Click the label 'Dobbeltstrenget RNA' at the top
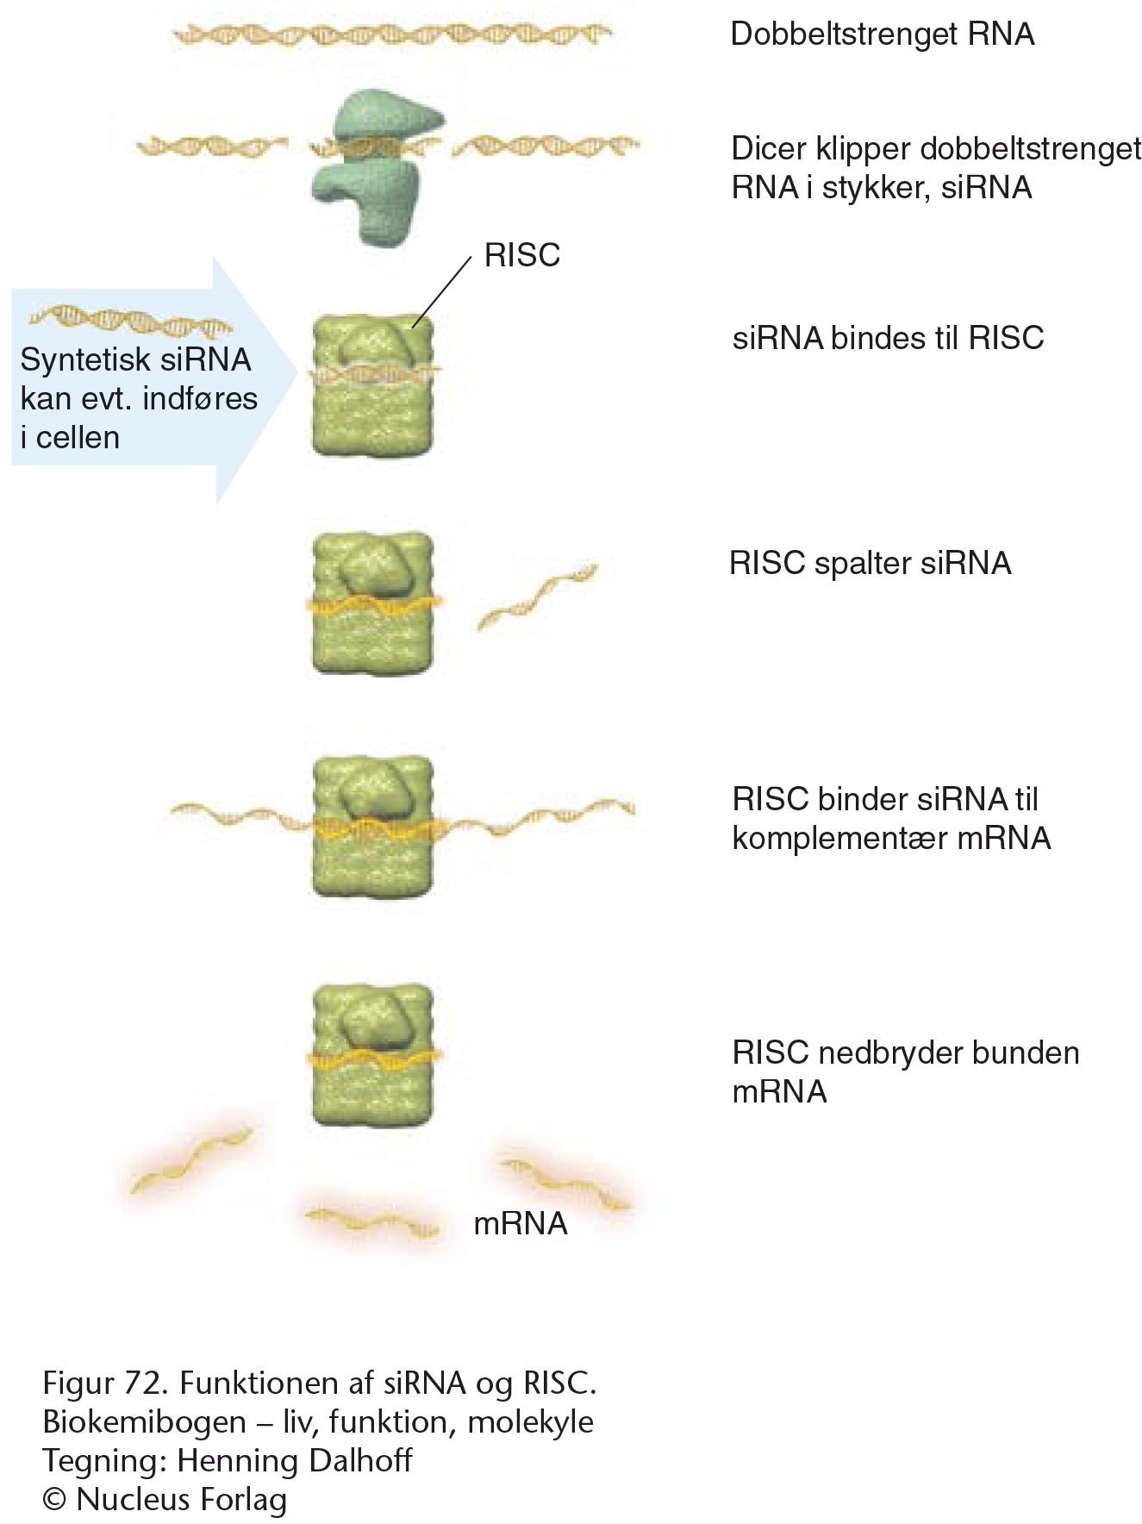point(882,34)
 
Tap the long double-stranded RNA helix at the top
point(392,34)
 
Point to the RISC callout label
point(521,255)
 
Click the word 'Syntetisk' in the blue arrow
point(74,359)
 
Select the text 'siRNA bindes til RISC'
point(888,338)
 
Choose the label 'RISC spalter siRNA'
point(870,563)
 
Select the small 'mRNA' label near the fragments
point(521,1223)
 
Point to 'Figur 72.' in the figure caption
point(103,1383)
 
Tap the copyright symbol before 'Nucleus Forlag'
point(54,1499)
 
